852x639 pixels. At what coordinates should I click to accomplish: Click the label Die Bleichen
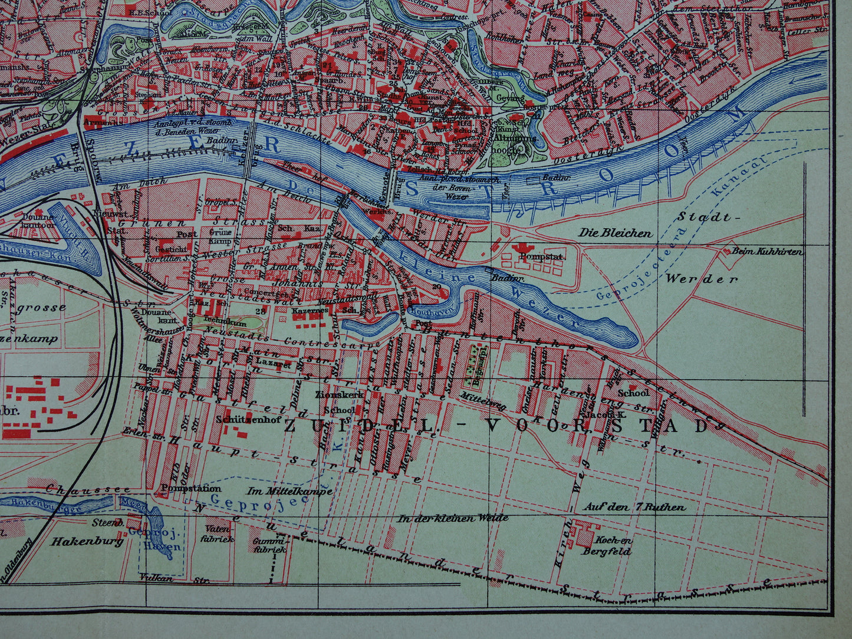point(615,233)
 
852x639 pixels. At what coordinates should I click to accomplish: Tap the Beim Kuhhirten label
point(767,252)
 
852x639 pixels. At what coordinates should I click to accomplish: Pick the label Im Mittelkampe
point(289,490)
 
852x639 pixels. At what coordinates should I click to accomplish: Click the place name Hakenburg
point(88,541)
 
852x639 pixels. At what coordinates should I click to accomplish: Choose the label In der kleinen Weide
point(452,518)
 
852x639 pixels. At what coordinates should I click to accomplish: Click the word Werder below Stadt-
point(701,279)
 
